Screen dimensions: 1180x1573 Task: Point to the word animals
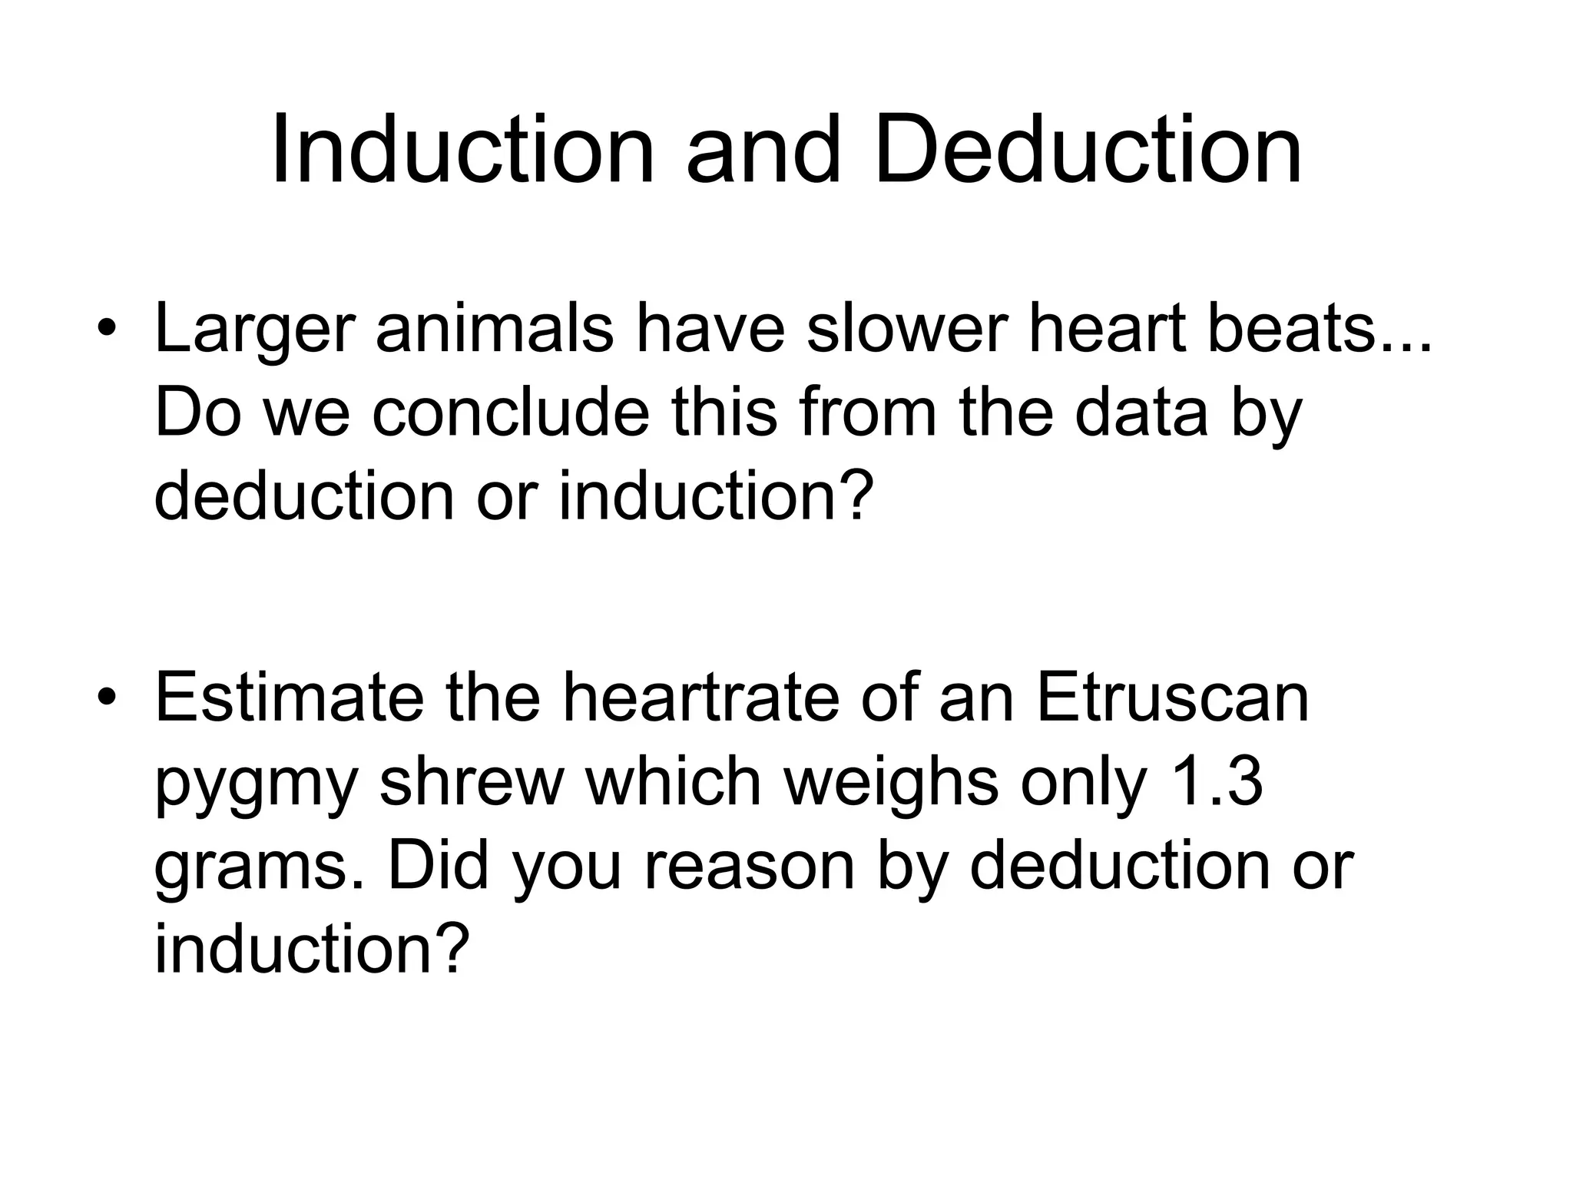point(494,328)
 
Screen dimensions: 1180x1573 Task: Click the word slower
point(906,328)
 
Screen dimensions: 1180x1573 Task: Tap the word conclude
point(511,413)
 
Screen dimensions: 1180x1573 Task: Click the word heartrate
point(700,696)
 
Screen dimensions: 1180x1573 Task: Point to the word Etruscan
point(1172,696)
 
